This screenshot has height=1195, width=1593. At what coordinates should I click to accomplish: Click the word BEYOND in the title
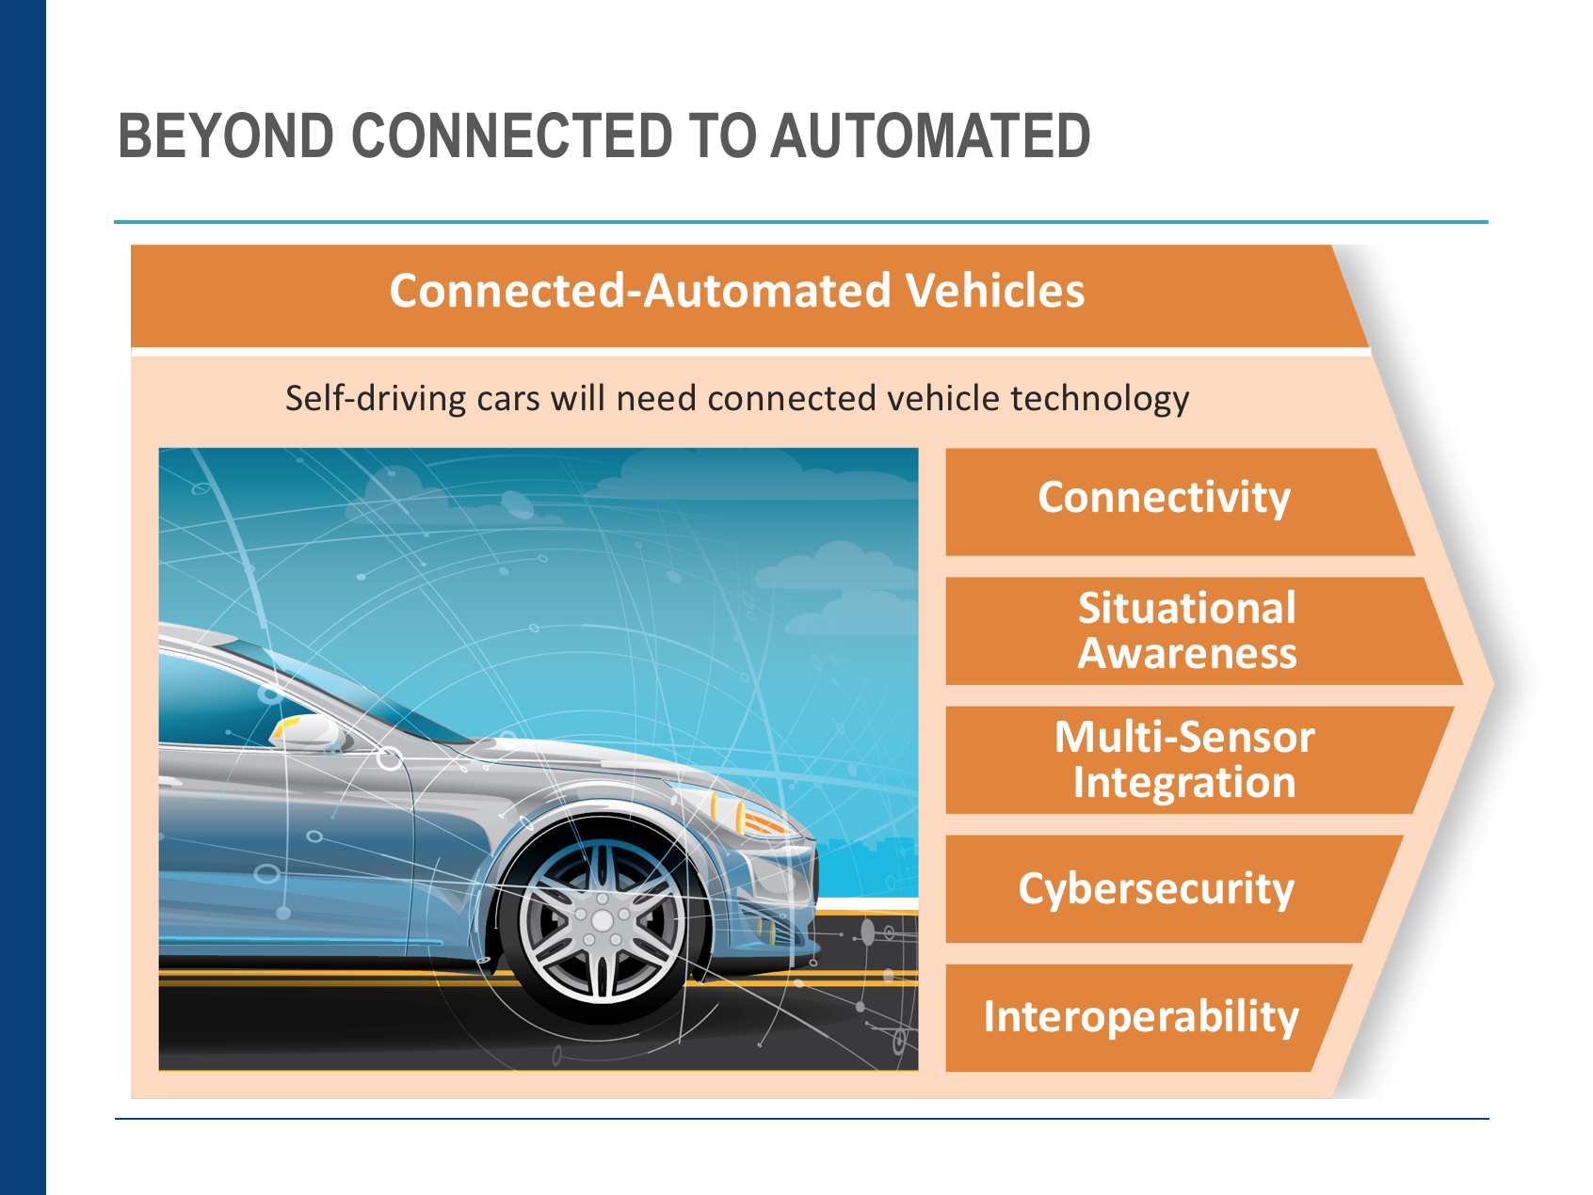(226, 135)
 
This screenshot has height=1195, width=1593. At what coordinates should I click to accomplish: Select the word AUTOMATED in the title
(930, 135)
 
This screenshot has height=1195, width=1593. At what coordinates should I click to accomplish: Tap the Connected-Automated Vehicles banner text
(737, 291)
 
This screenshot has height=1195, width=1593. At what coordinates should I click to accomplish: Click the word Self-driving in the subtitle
(376, 399)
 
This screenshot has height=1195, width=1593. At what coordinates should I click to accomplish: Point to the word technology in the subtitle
(1100, 399)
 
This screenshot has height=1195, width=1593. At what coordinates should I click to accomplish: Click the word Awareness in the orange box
(1187, 654)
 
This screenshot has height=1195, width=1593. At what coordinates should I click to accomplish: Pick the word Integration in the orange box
(1184, 783)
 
